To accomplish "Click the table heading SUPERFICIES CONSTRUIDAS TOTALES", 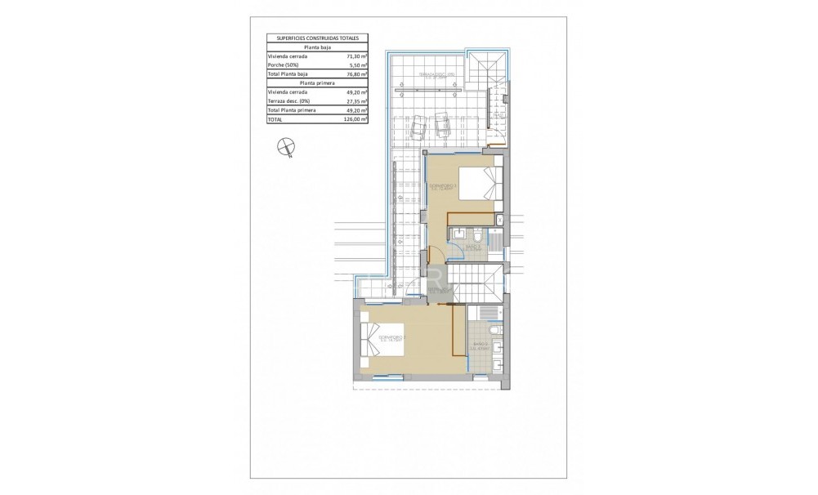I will pos(318,38).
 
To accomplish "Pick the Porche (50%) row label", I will pos(285,65).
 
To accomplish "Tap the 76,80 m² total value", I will pos(352,74).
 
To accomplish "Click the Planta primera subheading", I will pos(318,83).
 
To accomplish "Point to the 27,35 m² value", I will pos(352,100).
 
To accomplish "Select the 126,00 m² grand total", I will pos(351,118).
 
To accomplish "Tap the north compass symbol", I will pos(285,146).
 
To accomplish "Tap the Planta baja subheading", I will pos(318,47).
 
